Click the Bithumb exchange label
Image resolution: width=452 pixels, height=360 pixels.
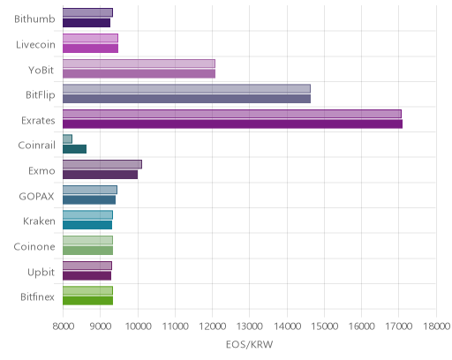pos(34,19)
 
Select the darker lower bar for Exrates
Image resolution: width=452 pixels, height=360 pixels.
pos(232,124)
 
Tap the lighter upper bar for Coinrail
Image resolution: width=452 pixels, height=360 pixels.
pos(67,139)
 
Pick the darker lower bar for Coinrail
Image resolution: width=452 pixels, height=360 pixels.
pos(74,149)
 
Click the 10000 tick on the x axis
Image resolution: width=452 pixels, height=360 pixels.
pos(139,326)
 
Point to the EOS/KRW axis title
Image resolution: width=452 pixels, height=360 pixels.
pos(250,344)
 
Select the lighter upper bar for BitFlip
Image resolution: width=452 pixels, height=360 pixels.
pos(186,88)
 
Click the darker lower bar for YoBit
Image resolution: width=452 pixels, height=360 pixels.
pos(139,74)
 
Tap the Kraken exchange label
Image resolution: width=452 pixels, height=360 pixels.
pos(39,221)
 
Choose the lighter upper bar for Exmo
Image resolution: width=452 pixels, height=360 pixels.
pos(102,164)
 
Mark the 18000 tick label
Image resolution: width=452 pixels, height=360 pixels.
pos(436,326)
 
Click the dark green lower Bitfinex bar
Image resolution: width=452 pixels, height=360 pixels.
pos(87,301)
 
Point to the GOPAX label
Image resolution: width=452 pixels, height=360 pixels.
pos(36,196)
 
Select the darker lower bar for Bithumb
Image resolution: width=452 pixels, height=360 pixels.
pos(87,23)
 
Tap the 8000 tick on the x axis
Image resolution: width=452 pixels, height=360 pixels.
pos(64,326)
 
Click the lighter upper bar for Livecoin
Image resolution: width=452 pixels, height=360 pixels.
pos(90,38)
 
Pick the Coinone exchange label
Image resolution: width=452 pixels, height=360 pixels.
pos(34,246)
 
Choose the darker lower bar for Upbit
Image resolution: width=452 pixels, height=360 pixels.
pos(87,275)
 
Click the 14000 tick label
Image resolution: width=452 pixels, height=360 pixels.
pos(288,326)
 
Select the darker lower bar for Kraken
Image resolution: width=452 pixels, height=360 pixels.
pos(87,225)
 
